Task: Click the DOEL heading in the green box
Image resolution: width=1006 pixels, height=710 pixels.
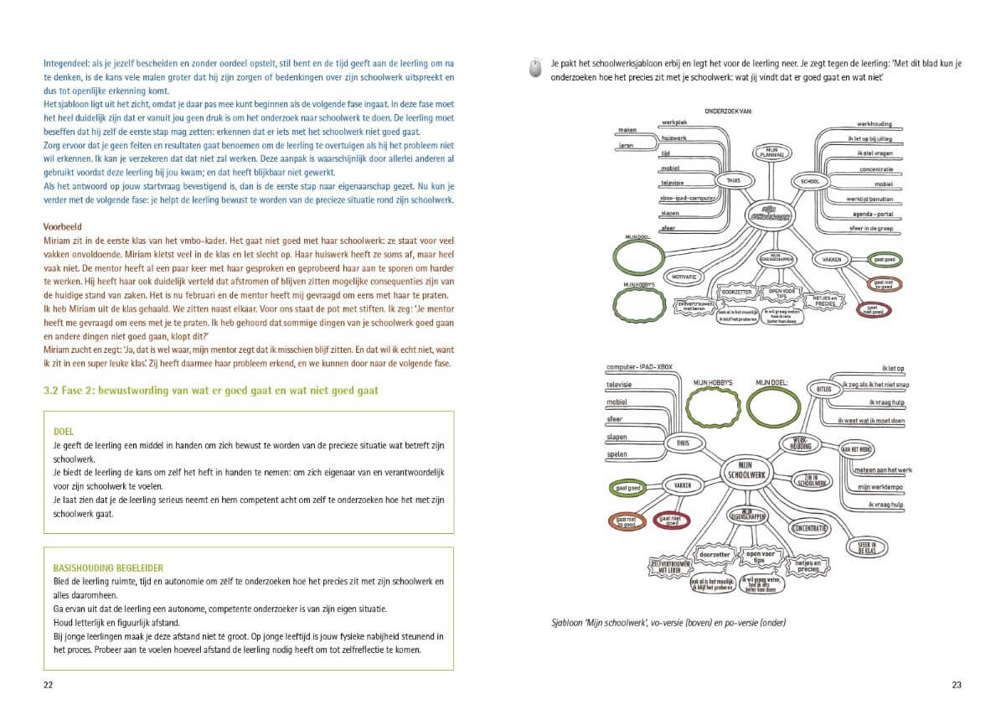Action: (x=63, y=433)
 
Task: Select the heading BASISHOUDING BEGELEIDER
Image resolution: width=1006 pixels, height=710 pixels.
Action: (x=108, y=567)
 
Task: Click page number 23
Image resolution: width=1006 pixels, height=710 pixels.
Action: (x=957, y=685)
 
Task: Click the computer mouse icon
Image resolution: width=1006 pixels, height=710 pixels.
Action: (x=535, y=69)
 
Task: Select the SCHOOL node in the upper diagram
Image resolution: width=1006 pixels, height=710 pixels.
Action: (x=811, y=180)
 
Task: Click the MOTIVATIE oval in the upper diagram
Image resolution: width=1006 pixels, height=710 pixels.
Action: (x=686, y=276)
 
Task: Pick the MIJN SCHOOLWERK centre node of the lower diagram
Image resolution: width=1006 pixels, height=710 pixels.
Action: (x=740, y=471)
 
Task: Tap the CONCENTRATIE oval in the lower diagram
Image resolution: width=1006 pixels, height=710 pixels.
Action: (x=810, y=529)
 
